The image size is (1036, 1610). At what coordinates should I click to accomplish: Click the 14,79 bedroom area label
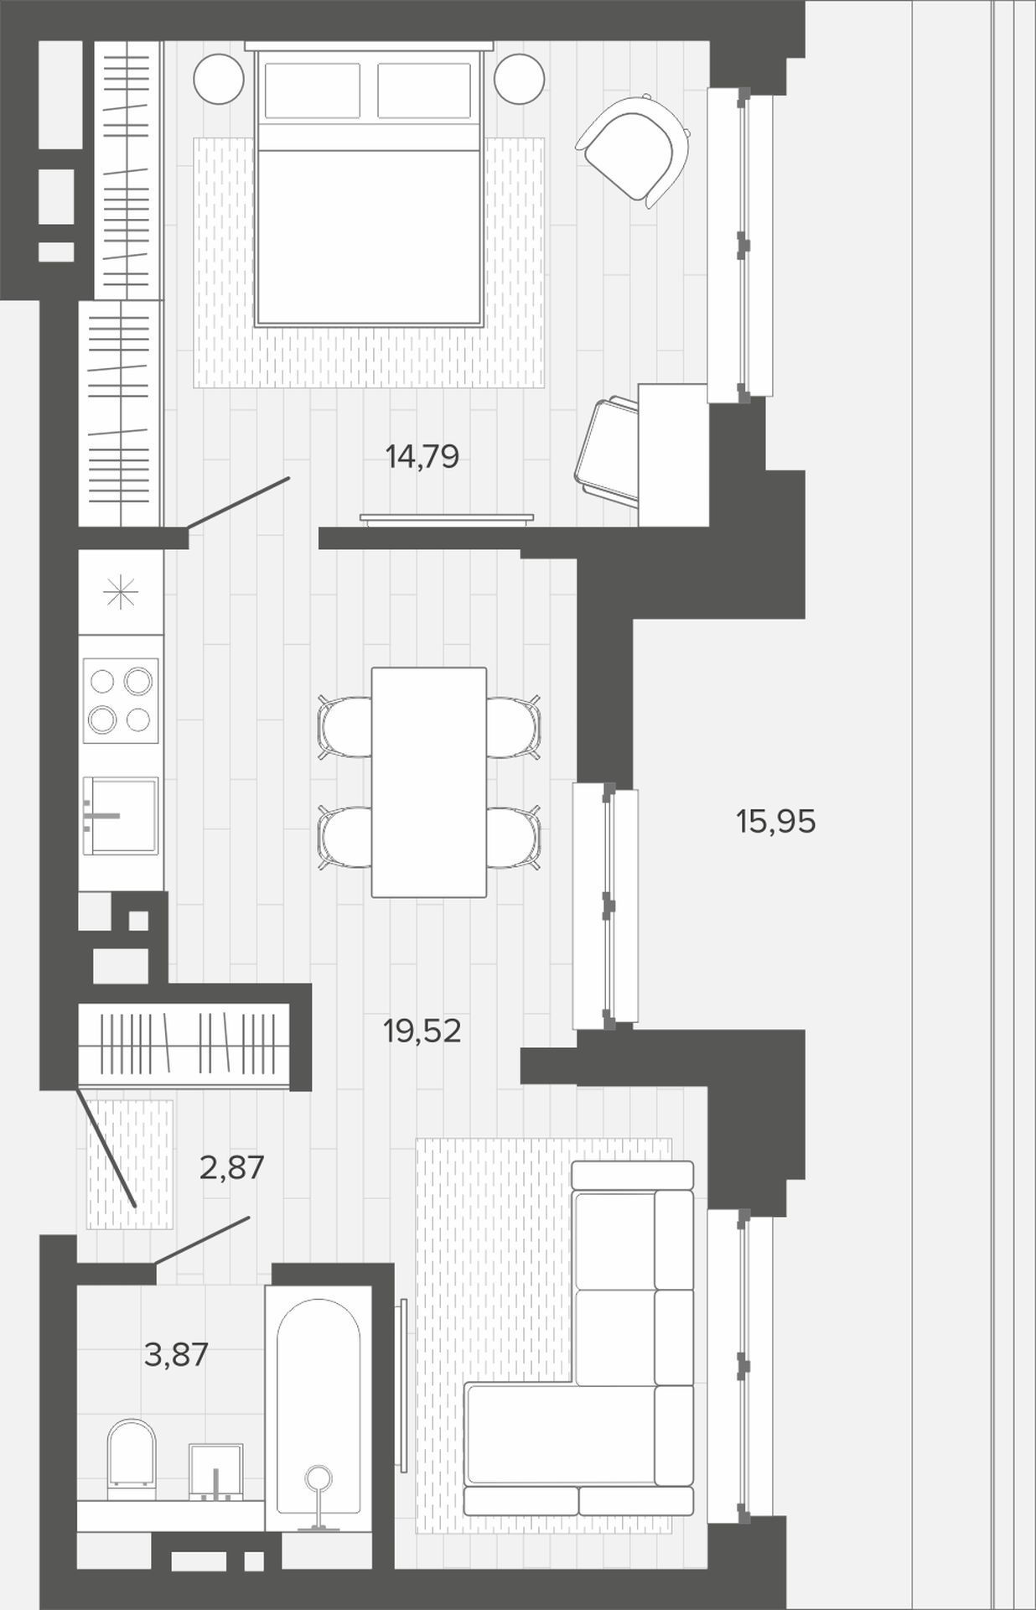[x=422, y=457]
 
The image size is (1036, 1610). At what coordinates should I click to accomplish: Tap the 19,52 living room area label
[x=422, y=1031]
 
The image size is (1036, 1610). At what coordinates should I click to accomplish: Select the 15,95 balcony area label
[x=775, y=822]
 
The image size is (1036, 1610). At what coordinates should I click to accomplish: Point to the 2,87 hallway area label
[x=232, y=1166]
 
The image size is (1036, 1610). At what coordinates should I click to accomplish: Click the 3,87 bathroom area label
[x=175, y=1354]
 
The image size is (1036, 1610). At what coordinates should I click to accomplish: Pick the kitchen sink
[x=121, y=815]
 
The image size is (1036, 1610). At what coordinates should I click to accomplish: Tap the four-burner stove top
[x=121, y=699]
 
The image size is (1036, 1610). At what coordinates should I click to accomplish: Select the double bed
[x=370, y=184]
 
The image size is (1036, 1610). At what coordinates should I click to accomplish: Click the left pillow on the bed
[x=313, y=90]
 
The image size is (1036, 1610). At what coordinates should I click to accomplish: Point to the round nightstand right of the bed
[x=520, y=80]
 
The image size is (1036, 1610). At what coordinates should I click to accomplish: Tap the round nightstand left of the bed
[x=219, y=80]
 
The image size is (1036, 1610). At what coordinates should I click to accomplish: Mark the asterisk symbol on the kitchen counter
[x=119, y=593]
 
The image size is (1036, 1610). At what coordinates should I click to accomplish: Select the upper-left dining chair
[x=345, y=726]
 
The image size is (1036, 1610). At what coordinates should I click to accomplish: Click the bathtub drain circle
[x=319, y=1476]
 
